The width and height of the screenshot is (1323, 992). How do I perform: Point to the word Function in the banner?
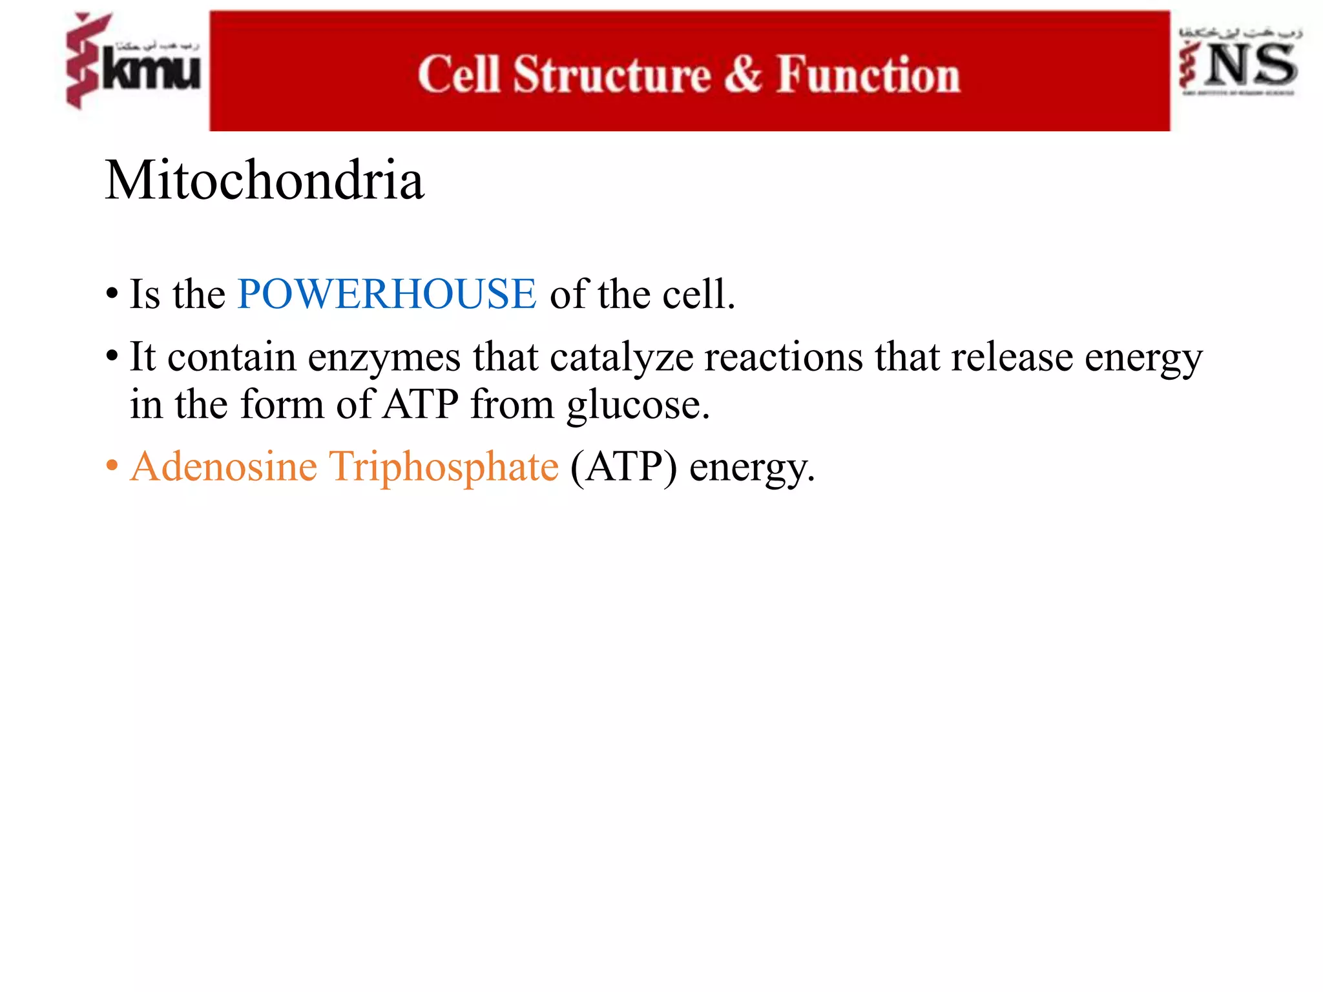(868, 75)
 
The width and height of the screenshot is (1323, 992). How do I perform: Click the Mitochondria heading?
(265, 180)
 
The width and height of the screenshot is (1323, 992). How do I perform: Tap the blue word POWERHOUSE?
(386, 294)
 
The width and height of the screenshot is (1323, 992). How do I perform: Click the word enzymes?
(384, 357)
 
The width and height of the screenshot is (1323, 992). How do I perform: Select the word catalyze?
(621, 357)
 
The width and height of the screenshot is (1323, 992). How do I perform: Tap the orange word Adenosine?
(224, 466)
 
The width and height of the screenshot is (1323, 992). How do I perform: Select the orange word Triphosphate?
(444, 468)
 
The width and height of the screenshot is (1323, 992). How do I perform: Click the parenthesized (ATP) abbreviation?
(623, 468)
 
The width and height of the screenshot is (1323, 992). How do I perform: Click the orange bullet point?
(112, 466)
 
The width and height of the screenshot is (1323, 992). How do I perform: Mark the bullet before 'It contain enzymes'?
(112, 356)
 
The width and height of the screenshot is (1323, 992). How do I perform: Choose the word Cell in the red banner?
(459, 75)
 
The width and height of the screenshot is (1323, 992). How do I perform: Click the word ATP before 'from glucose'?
(421, 405)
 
